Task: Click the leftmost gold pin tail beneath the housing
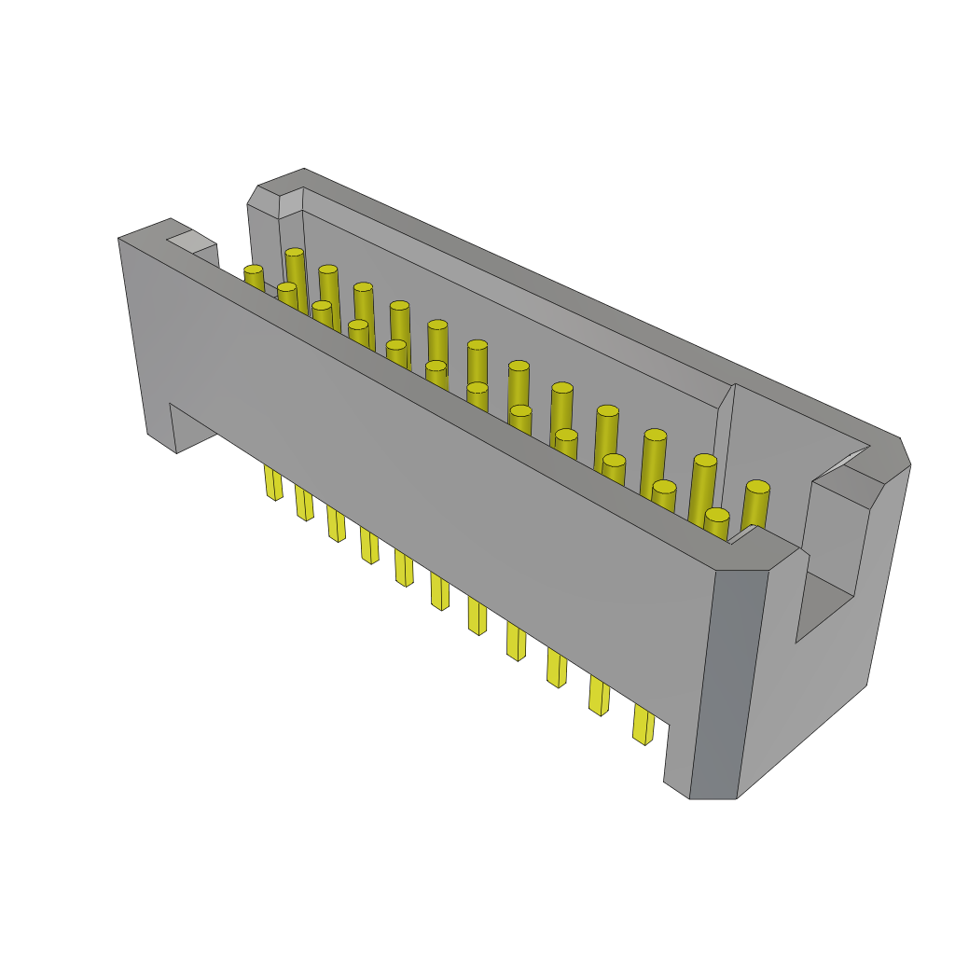coord(272,482)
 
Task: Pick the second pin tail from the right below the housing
coord(599,696)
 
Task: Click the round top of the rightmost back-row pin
coord(758,487)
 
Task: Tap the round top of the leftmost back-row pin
coord(295,252)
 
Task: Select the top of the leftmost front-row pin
coord(254,270)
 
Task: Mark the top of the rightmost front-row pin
coord(716,515)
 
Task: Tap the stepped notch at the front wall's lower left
coord(191,428)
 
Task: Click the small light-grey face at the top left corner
coord(190,242)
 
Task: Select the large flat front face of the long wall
coord(420,485)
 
